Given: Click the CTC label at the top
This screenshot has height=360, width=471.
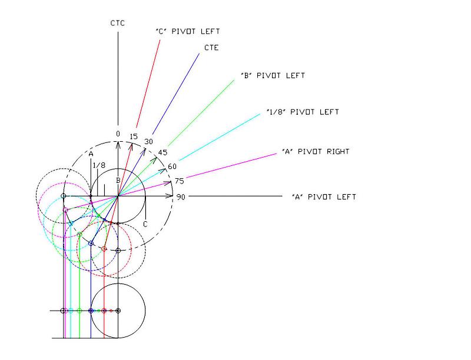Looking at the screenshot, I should (x=118, y=24).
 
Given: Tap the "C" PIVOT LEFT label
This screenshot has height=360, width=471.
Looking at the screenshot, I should (x=188, y=31).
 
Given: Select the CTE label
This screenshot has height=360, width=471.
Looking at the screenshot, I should (x=211, y=48).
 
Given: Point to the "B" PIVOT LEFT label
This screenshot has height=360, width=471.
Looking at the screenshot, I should (x=273, y=76).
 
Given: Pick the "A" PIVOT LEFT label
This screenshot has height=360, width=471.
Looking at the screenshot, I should (x=324, y=196).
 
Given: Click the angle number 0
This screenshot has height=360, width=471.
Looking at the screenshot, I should (x=118, y=134).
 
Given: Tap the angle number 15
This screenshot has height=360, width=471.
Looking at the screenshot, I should (x=134, y=136).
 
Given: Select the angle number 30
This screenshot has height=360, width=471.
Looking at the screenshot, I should (x=148, y=142).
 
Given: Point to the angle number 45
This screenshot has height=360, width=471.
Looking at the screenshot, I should (x=162, y=152).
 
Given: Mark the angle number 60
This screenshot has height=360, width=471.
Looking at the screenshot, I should (x=172, y=166).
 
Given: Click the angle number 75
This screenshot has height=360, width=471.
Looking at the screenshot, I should (x=180, y=181).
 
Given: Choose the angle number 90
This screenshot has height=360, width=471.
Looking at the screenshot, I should (x=181, y=197).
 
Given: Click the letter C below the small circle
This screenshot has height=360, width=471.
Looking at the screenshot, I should (x=145, y=224).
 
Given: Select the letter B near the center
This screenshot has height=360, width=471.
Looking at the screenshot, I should (x=118, y=180).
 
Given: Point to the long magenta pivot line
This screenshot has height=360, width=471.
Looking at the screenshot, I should (x=235, y=165).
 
